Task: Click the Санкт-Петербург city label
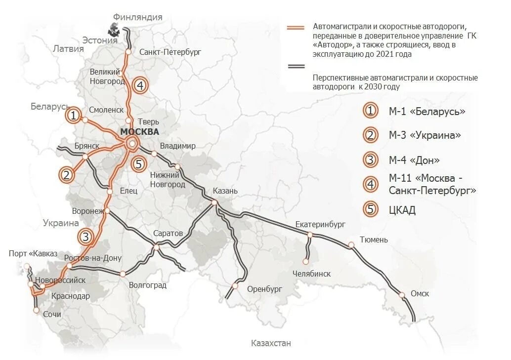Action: pyautogui.click(x=170, y=52)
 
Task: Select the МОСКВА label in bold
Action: pyautogui.click(x=139, y=132)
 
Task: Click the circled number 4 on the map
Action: pyautogui.click(x=140, y=85)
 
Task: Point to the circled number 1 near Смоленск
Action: pyautogui.click(x=73, y=116)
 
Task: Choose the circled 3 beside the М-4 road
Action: pyautogui.click(x=85, y=237)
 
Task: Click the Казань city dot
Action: pyautogui.click(x=214, y=202)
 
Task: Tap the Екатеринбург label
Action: pyautogui.click(x=320, y=225)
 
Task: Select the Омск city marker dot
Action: pyautogui.click(x=401, y=295)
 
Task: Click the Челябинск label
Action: pyautogui.click(x=311, y=274)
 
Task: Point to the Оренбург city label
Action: pyautogui.click(x=264, y=289)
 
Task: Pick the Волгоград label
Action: pyautogui.click(x=147, y=285)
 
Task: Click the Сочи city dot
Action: pyautogui.click(x=36, y=310)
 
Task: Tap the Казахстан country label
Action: pyautogui.click(x=271, y=343)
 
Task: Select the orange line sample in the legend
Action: pyautogui.click(x=296, y=27)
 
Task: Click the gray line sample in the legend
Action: pyautogui.click(x=296, y=66)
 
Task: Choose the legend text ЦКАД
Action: pyautogui.click(x=402, y=210)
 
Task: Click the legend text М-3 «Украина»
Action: pyautogui.click(x=425, y=135)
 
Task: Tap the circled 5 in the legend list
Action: pyautogui.click(x=370, y=209)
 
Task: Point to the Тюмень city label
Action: pyautogui.click(x=374, y=240)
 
